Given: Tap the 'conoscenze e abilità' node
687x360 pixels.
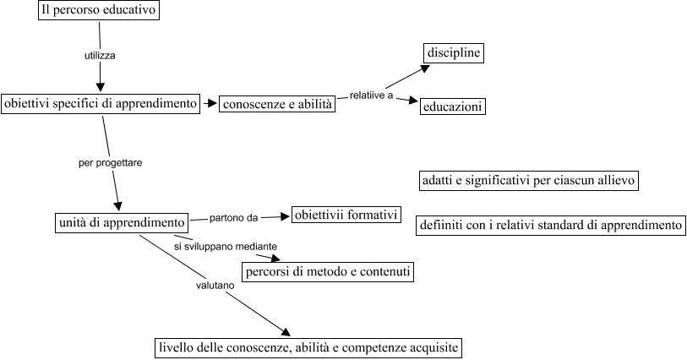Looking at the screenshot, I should coord(276,105).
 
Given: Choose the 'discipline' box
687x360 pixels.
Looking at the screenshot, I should coord(453,54).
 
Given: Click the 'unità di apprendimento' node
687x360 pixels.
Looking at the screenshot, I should coord(122,222).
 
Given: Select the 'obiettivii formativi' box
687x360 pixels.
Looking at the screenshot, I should coord(345,215).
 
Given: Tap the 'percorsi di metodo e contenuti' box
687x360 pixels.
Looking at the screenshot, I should coord(328,272).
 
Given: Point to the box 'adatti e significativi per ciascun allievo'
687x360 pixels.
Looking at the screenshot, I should coord(527,181).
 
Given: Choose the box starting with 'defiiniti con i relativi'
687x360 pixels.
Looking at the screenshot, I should coord(550,226).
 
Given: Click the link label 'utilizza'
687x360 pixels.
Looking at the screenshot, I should coord(100,55).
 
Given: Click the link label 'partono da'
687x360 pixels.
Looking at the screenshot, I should coord(234,218).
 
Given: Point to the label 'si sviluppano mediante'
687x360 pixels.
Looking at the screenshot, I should coord(226,246).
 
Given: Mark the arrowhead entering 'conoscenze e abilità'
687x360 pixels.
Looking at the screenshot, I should coord(213,104).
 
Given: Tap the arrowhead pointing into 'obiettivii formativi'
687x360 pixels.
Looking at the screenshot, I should coord(285,216).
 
